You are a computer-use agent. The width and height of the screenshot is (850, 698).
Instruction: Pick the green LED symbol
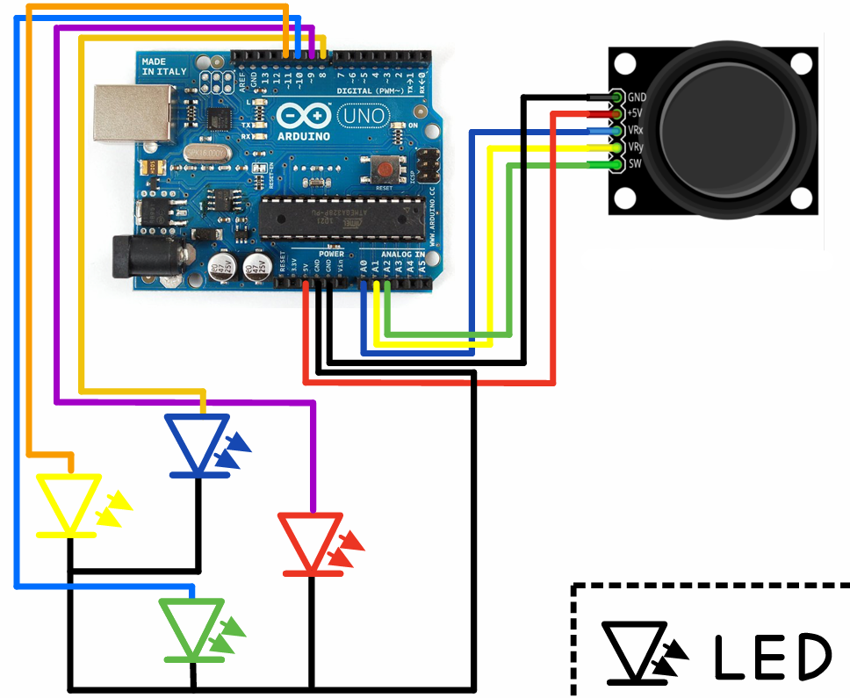click(x=192, y=628)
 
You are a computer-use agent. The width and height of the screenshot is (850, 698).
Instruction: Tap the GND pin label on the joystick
click(x=637, y=97)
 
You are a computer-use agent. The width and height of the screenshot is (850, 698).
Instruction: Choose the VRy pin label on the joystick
click(x=637, y=148)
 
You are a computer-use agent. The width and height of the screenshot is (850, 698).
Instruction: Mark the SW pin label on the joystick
click(x=635, y=164)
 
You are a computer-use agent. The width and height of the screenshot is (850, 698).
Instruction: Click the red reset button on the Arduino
click(x=384, y=168)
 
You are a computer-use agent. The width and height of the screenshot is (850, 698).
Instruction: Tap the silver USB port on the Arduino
click(x=121, y=112)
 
